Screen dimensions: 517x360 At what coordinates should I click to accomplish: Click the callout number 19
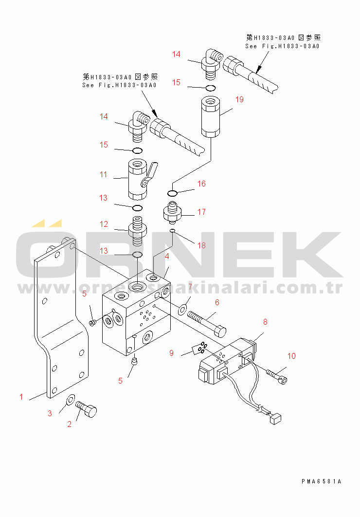click(x=239, y=100)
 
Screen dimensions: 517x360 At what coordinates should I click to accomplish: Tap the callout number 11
click(x=103, y=174)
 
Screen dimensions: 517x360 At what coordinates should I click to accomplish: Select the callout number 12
click(x=104, y=224)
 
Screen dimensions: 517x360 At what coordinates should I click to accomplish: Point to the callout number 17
click(x=201, y=212)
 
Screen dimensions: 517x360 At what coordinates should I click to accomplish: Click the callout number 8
click(x=265, y=322)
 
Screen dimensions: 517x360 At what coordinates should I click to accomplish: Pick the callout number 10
click(x=291, y=356)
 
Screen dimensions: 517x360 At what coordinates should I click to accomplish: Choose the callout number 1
click(x=21, y=397)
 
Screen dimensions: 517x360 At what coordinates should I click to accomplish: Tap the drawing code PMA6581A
click(x=321, y=481)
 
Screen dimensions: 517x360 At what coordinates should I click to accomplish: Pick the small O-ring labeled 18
click(x=172, y=231)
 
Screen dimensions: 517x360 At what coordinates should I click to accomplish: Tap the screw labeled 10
click(x=276, y=375)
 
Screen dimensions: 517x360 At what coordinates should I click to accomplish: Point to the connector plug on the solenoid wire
click(x=275, y=419)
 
